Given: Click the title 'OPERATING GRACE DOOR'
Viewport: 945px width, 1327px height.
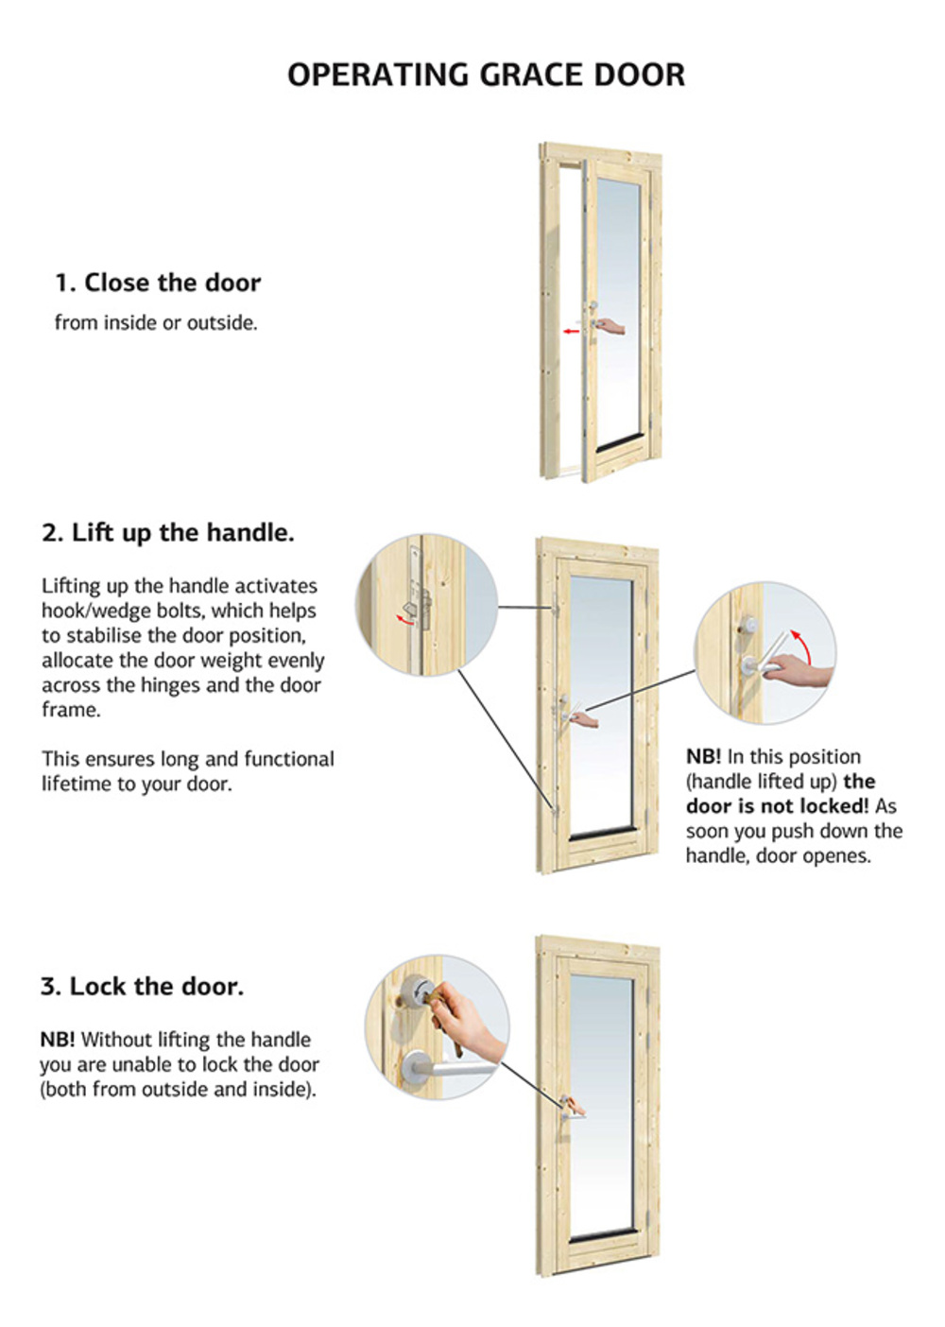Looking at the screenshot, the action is point(486,76).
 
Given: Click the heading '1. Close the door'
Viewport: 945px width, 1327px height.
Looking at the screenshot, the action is point(158,283).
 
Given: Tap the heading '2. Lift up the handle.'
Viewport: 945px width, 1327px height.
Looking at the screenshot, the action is point(167,532).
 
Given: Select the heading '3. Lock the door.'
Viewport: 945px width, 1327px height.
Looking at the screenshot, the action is point(142,987).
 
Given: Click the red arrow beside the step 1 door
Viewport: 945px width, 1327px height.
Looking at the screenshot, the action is point(571,331).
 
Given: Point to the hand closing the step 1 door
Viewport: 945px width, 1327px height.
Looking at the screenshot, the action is point(610,326).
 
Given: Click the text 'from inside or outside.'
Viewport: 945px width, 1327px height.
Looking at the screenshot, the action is point(157,323).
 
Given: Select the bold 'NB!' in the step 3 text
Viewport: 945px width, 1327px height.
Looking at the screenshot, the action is point(58,1039).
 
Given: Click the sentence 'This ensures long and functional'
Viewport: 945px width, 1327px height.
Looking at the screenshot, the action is point(188,759).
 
